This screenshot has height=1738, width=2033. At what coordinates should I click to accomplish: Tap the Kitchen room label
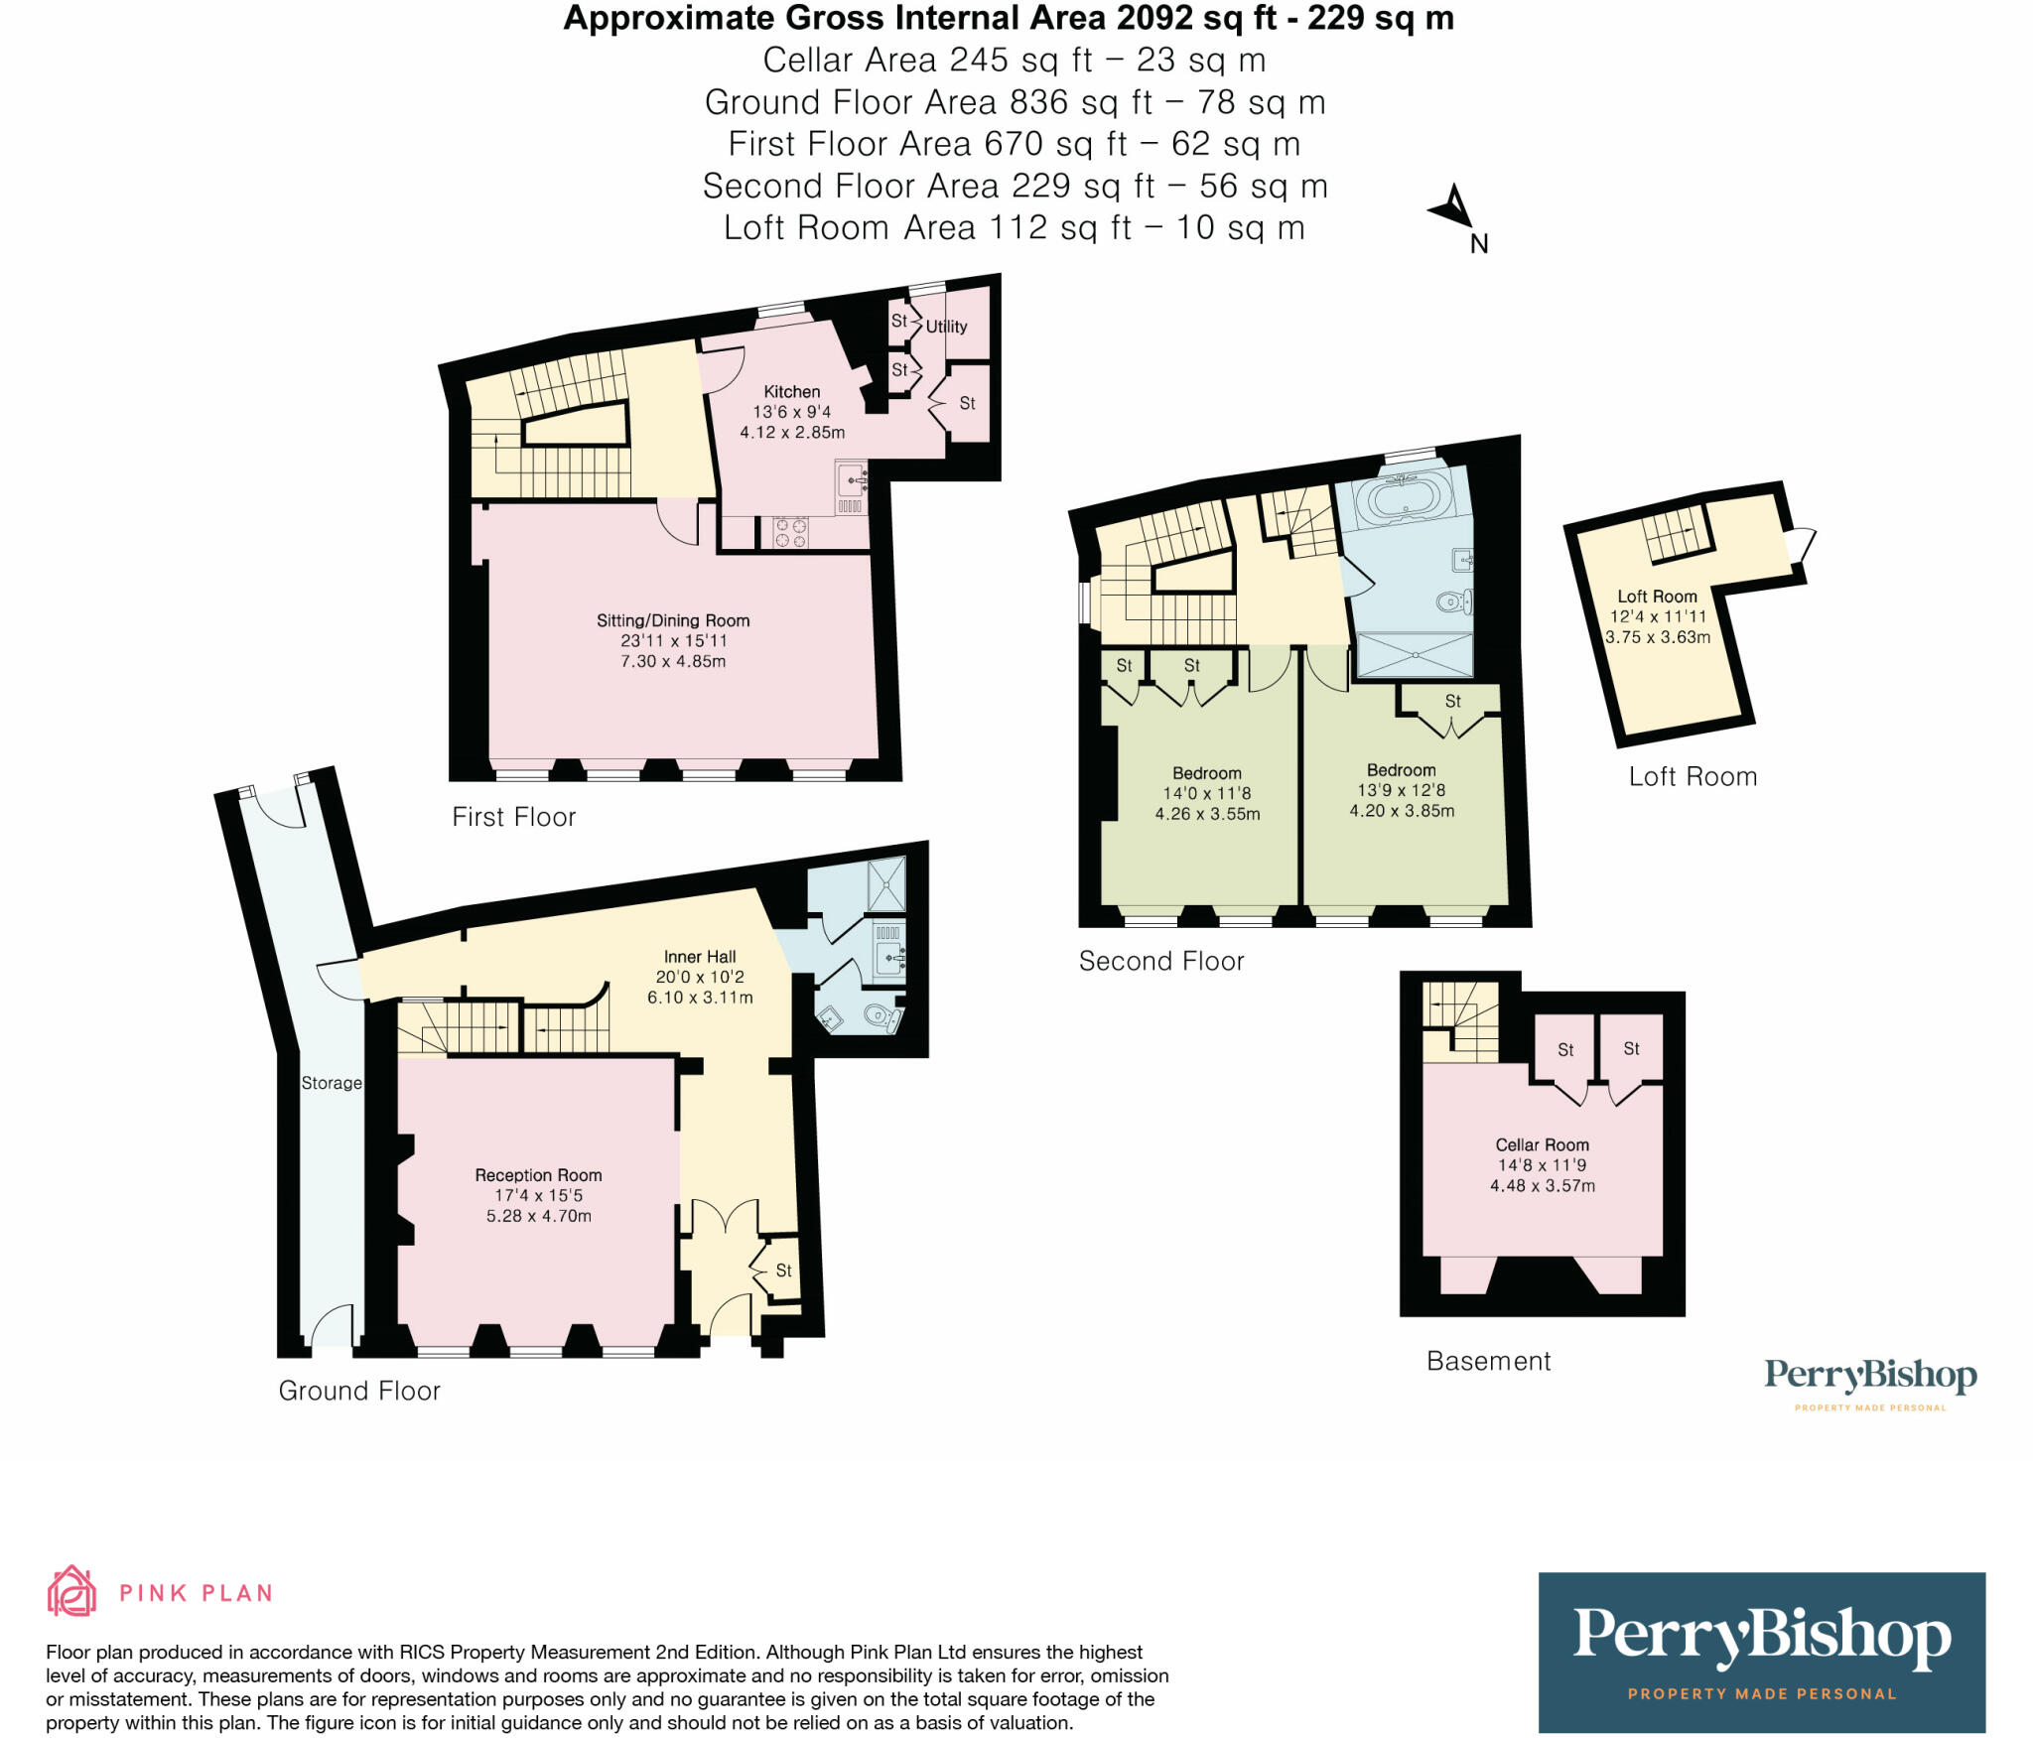791,392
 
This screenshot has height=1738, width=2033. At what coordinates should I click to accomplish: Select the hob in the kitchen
790,532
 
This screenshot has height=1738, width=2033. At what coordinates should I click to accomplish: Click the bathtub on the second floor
1403,497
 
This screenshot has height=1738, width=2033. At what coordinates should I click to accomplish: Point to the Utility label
946,327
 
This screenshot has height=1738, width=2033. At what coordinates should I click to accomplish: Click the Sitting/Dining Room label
673,620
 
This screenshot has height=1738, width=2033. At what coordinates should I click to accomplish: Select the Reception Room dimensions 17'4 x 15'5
538,1195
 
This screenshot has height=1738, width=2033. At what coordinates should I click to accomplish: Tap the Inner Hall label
700,957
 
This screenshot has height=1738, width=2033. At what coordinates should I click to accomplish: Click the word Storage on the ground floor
332,1083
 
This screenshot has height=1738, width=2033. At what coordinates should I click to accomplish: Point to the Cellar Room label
1542,1144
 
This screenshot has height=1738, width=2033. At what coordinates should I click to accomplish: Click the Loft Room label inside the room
1657,597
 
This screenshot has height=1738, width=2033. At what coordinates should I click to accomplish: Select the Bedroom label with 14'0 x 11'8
1206,773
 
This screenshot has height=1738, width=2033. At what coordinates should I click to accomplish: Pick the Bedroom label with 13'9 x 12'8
1401,770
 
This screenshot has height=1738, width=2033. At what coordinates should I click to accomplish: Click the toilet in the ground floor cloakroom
880,1015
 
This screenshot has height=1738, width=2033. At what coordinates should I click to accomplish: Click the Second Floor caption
1160,961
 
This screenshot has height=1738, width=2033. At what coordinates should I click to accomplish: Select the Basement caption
1488,1361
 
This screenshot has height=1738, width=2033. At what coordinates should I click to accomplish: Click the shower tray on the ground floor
886,883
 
